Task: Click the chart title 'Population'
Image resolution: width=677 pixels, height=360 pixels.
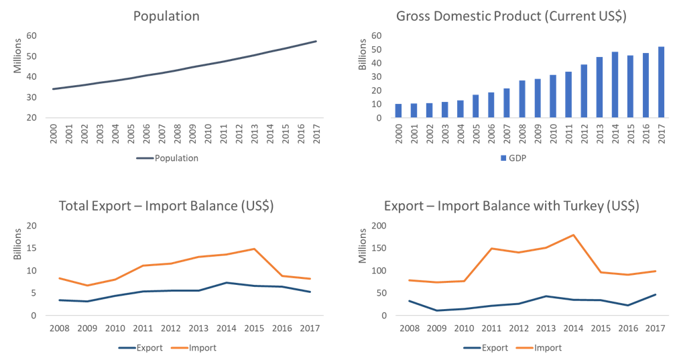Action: pos(166,16)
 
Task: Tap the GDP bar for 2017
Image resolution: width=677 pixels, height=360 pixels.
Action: pos(662,82)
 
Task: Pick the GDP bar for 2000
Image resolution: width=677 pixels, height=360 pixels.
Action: pos(398,111)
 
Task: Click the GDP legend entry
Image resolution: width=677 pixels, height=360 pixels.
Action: pos(511,158)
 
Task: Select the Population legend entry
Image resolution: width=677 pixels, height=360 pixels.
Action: pos(167,158)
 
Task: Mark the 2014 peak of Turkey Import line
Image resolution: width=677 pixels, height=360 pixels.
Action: pos(572,235)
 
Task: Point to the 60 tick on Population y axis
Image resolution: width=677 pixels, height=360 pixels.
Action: pos(32,36)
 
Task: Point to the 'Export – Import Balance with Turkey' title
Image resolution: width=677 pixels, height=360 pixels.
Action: pos(511,206)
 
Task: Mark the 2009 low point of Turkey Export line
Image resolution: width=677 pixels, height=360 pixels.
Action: pos(436,310)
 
